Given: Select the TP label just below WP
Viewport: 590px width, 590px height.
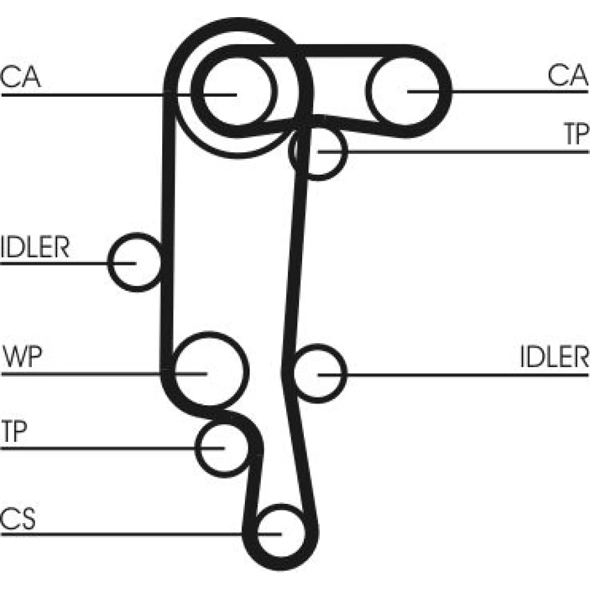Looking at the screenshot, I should click(x=14, y=432).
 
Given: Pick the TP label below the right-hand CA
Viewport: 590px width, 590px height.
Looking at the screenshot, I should click(x=576, y=135).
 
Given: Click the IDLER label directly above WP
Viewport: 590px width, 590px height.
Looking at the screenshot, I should click(x=35, y=248).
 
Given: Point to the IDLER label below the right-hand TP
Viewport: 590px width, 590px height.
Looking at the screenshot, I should click(x=555, y=357).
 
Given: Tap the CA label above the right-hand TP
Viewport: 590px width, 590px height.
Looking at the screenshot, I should click(x=568, y=76).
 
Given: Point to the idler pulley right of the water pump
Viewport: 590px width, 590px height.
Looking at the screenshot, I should click(x=319, y=373).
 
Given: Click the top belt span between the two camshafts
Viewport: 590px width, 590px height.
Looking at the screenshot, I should click(x=330, y=50).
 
